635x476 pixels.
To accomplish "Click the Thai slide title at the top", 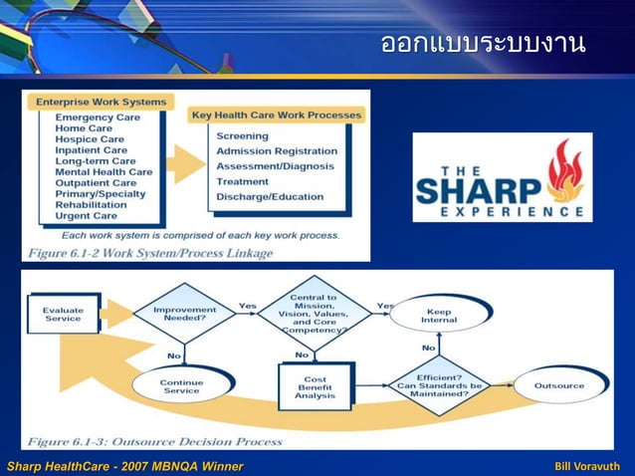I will point(483,44).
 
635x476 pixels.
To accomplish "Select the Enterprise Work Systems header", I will point(101,102).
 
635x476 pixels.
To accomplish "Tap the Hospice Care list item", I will point(91,139).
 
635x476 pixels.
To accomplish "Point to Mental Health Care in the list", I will point(104,172).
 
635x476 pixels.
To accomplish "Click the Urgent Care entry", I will point(86,216).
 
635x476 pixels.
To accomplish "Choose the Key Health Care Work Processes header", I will point(276,116).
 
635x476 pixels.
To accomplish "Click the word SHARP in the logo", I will point(478,188).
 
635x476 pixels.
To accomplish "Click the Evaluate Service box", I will point(63,314).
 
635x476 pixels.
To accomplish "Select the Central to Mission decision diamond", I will point(313,313).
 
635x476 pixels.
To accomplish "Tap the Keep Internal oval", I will point(438,317).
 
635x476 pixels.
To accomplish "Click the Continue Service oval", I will point(181,386).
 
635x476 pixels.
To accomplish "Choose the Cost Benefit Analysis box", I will point(315,387).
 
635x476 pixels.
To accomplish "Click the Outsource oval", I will point(558,385).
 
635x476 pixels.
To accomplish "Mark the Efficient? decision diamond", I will point(439,385).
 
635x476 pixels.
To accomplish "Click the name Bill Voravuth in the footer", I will point(586,466).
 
